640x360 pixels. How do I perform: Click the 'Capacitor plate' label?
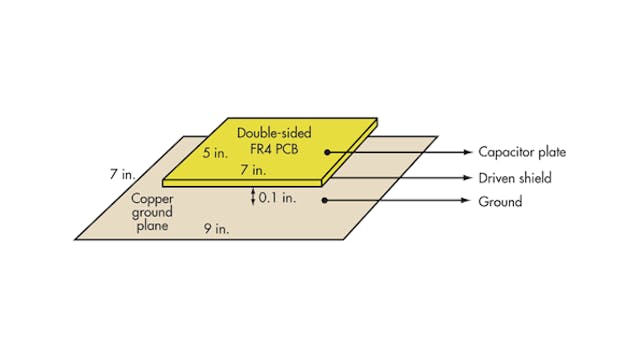point(521,153)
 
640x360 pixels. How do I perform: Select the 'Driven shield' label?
point(515,177)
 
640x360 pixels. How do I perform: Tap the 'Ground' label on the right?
point(501,201)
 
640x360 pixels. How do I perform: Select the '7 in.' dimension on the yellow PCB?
point(253,171)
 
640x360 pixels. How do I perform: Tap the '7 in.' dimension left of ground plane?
point(122,174)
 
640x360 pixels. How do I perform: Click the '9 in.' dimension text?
point(216,227)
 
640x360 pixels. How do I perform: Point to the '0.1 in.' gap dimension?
point(278,198)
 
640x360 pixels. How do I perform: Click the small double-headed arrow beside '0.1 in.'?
point(253,197)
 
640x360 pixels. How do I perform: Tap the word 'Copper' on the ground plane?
point(152,198)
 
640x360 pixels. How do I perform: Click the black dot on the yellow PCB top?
point(327,153)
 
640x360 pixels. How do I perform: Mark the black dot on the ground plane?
point(327,201)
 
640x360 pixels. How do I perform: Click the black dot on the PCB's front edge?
point(327,177)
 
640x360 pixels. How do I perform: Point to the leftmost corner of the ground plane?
point(76,238)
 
